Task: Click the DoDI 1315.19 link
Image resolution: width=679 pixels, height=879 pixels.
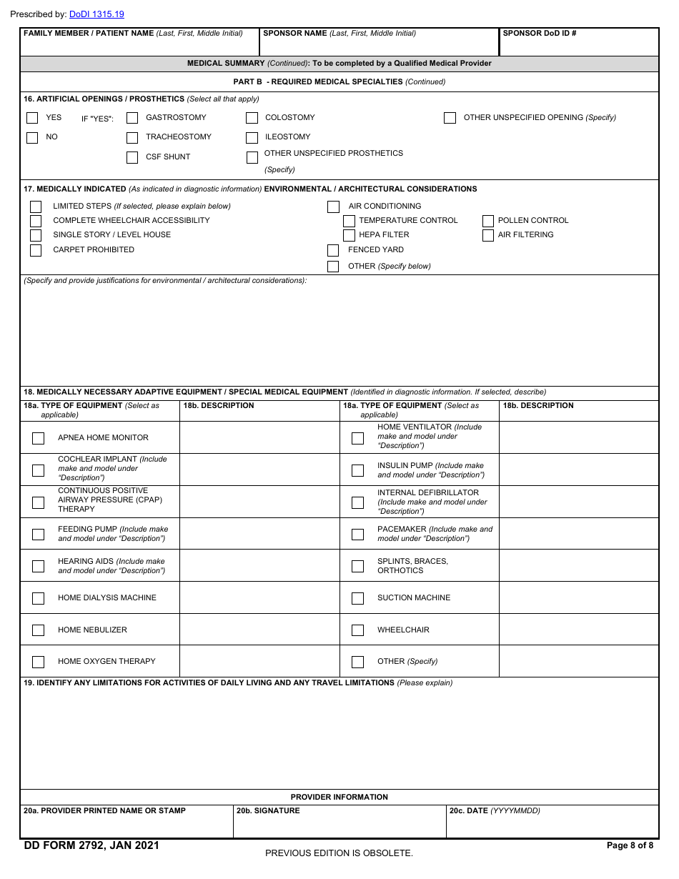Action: tap(96, 14)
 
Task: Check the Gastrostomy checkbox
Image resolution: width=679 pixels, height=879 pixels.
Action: tap(132, 118)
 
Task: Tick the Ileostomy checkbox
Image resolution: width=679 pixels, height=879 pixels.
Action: tap(252, 138)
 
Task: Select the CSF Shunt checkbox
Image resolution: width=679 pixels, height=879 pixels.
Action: tap(132, 158)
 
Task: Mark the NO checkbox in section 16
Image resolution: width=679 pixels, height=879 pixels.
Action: tap(32, 138)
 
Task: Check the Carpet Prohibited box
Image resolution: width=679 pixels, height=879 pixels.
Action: tap(36, 250)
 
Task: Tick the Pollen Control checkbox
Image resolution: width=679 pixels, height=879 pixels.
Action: tap(488, 221)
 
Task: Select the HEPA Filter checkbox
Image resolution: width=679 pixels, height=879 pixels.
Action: tap(349, 235)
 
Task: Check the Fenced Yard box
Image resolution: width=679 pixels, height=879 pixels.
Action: tap(333, 250)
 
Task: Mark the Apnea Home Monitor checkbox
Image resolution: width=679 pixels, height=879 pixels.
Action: tap(39, 438)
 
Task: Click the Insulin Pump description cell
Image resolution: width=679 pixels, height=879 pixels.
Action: tap(578, 470)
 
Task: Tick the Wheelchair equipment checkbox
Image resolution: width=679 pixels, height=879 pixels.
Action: tap(357, 630)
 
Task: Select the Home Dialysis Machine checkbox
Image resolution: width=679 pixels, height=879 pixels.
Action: tap(39, 598)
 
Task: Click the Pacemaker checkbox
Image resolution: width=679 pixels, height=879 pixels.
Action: tap(357, 535)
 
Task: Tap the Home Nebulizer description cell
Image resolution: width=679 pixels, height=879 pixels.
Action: tap(259, 630)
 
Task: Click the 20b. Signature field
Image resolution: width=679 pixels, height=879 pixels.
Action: tap(339, 825)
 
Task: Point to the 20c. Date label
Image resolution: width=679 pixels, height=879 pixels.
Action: tap(494, 811)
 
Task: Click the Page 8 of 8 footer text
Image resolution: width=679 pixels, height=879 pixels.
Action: tap(629, 845)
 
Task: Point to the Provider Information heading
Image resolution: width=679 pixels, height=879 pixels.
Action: tap(339, 797)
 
